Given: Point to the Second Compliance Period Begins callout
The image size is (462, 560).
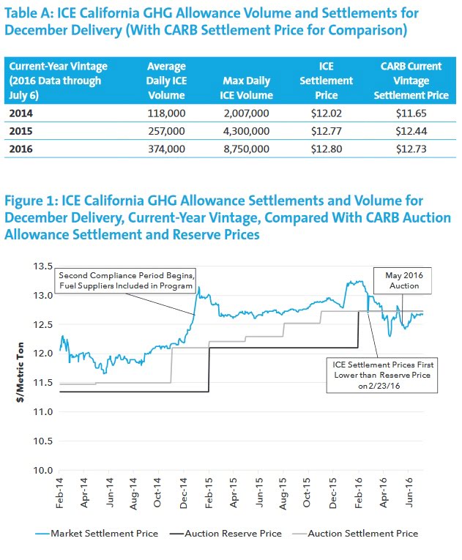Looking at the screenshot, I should click(125, 280).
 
